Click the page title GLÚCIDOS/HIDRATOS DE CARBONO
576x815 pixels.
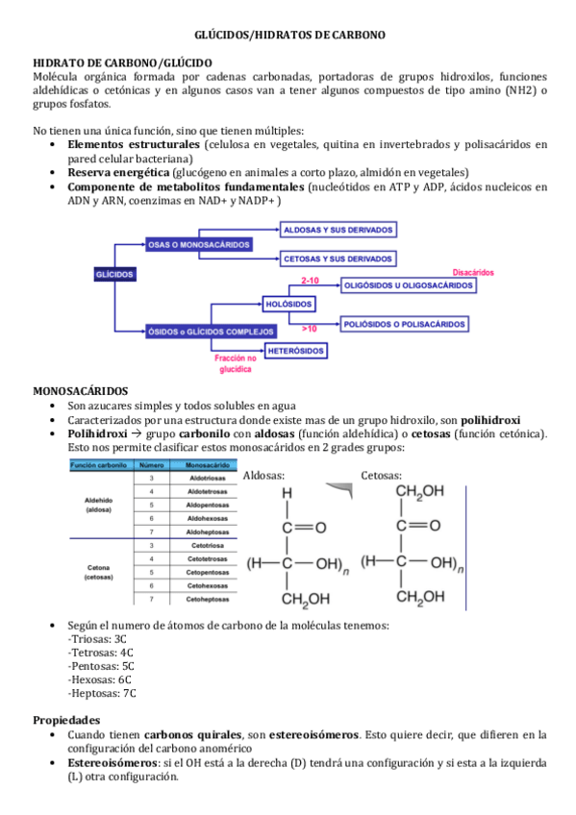(289, 35)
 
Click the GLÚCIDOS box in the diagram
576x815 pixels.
(114, 274)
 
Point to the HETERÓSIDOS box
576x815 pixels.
(296, 351)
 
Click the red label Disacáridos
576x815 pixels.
(473, 272)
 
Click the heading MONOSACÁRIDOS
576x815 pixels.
(80, 391)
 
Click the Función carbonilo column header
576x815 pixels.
(99, 464)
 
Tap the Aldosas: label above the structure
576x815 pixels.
(263, 475)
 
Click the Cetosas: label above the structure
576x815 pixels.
(381, 475)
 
